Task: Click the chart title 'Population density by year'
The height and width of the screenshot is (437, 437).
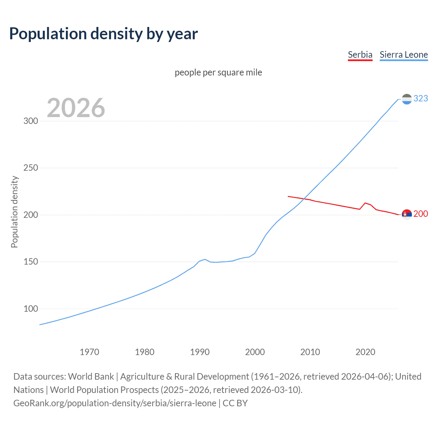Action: point(103,34)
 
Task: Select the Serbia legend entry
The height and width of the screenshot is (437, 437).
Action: point(360,55)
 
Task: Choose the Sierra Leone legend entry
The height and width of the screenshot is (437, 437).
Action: point(404,55)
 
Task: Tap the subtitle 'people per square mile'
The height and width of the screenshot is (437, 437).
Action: point(218,72)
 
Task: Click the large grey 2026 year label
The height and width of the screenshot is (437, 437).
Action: point(76,108)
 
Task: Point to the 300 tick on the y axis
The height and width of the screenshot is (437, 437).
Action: point(31,121)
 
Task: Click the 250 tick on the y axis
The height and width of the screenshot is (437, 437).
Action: point(31,168)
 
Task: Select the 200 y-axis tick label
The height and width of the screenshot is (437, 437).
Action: point(31,215)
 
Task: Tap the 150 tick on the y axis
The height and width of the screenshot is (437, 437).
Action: point(31,262)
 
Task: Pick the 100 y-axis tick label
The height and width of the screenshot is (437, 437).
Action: point(31,309)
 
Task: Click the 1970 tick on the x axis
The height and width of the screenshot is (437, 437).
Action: point(89,352)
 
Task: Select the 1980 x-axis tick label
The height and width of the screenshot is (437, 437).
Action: point(145,352)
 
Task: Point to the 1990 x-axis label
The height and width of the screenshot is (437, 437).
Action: point(200,352)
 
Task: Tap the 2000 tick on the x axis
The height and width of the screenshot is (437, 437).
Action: point(255,352)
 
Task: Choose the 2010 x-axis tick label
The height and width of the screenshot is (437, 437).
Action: point(310,352)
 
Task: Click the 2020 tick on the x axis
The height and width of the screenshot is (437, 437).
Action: point(365,352)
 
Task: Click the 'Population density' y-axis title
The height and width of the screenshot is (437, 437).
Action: point(14,212)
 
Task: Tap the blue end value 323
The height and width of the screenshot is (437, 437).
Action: point(421,99)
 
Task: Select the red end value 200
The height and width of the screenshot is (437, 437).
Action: point(421,214)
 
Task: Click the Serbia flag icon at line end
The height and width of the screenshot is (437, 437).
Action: point(407,214)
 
